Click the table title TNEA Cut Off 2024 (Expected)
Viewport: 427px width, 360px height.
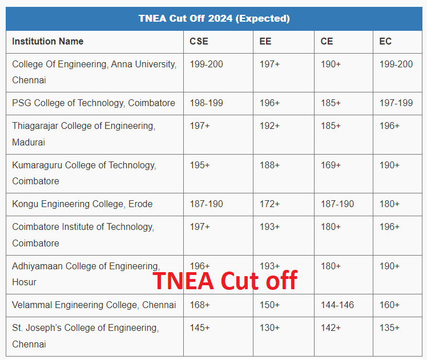coord(213,19)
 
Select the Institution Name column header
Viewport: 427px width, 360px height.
coord(48,41)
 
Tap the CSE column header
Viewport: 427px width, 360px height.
coord(199,41)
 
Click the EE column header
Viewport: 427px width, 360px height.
coord(265,41)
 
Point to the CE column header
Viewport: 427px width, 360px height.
coord(327,41)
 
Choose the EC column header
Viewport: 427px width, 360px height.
coord(385,41)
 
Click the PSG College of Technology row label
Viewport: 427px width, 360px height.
coord(94,103)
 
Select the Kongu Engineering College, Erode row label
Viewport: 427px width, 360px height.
coord(82,204)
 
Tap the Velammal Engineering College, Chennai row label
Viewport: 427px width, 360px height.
coord(94,305)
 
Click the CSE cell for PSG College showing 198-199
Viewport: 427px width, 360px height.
coord(206,103)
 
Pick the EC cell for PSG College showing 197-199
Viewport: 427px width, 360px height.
coord(396,103)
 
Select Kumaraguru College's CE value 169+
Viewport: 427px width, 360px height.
coord(331,165)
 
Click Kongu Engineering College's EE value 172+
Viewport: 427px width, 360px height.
coord(269,204)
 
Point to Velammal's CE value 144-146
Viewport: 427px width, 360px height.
coord(337,305)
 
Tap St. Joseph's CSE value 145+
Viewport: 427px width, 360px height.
coord(200,328)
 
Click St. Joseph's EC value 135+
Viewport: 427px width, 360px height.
coord(389,328)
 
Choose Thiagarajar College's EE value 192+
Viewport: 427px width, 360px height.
coord(269,126)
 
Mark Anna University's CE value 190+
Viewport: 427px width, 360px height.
coord(331,64)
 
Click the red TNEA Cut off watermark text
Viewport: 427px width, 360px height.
coord(225,281)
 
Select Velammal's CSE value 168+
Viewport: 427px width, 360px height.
coord(200,305)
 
